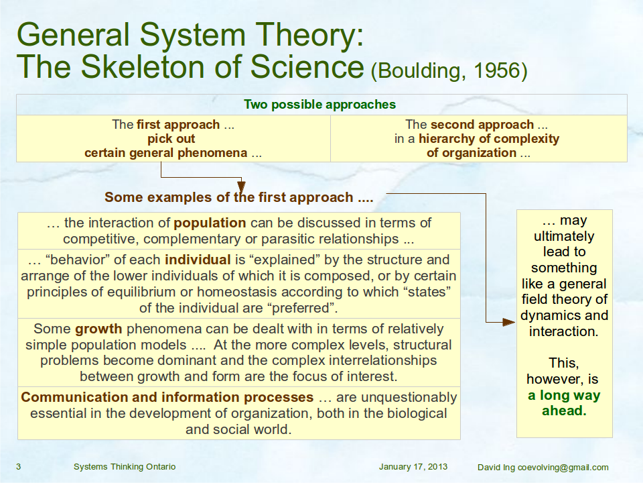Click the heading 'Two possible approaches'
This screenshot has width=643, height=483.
[x=320, y=105]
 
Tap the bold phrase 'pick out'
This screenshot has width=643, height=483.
[x=171, y=139]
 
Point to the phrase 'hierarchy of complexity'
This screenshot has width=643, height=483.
[x=489, y=139]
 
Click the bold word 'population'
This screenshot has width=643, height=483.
[x=210, y=223]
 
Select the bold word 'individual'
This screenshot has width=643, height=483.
[x=198, y=260]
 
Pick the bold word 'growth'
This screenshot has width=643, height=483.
[x=98, y=329]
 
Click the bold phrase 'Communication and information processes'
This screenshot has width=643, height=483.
[x=167, y=397]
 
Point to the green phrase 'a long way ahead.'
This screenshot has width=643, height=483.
[x=564, y=403]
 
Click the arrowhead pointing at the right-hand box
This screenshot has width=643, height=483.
[x=509, y=322]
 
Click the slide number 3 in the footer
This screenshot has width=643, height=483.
[x=19, y=467]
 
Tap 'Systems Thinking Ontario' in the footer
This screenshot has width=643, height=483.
[x=125, y=467]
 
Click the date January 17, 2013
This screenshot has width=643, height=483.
[x=413, y=467]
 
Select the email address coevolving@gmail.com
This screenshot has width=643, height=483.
[x=563, y=468]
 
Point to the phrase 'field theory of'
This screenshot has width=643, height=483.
[x=564, y=299]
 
